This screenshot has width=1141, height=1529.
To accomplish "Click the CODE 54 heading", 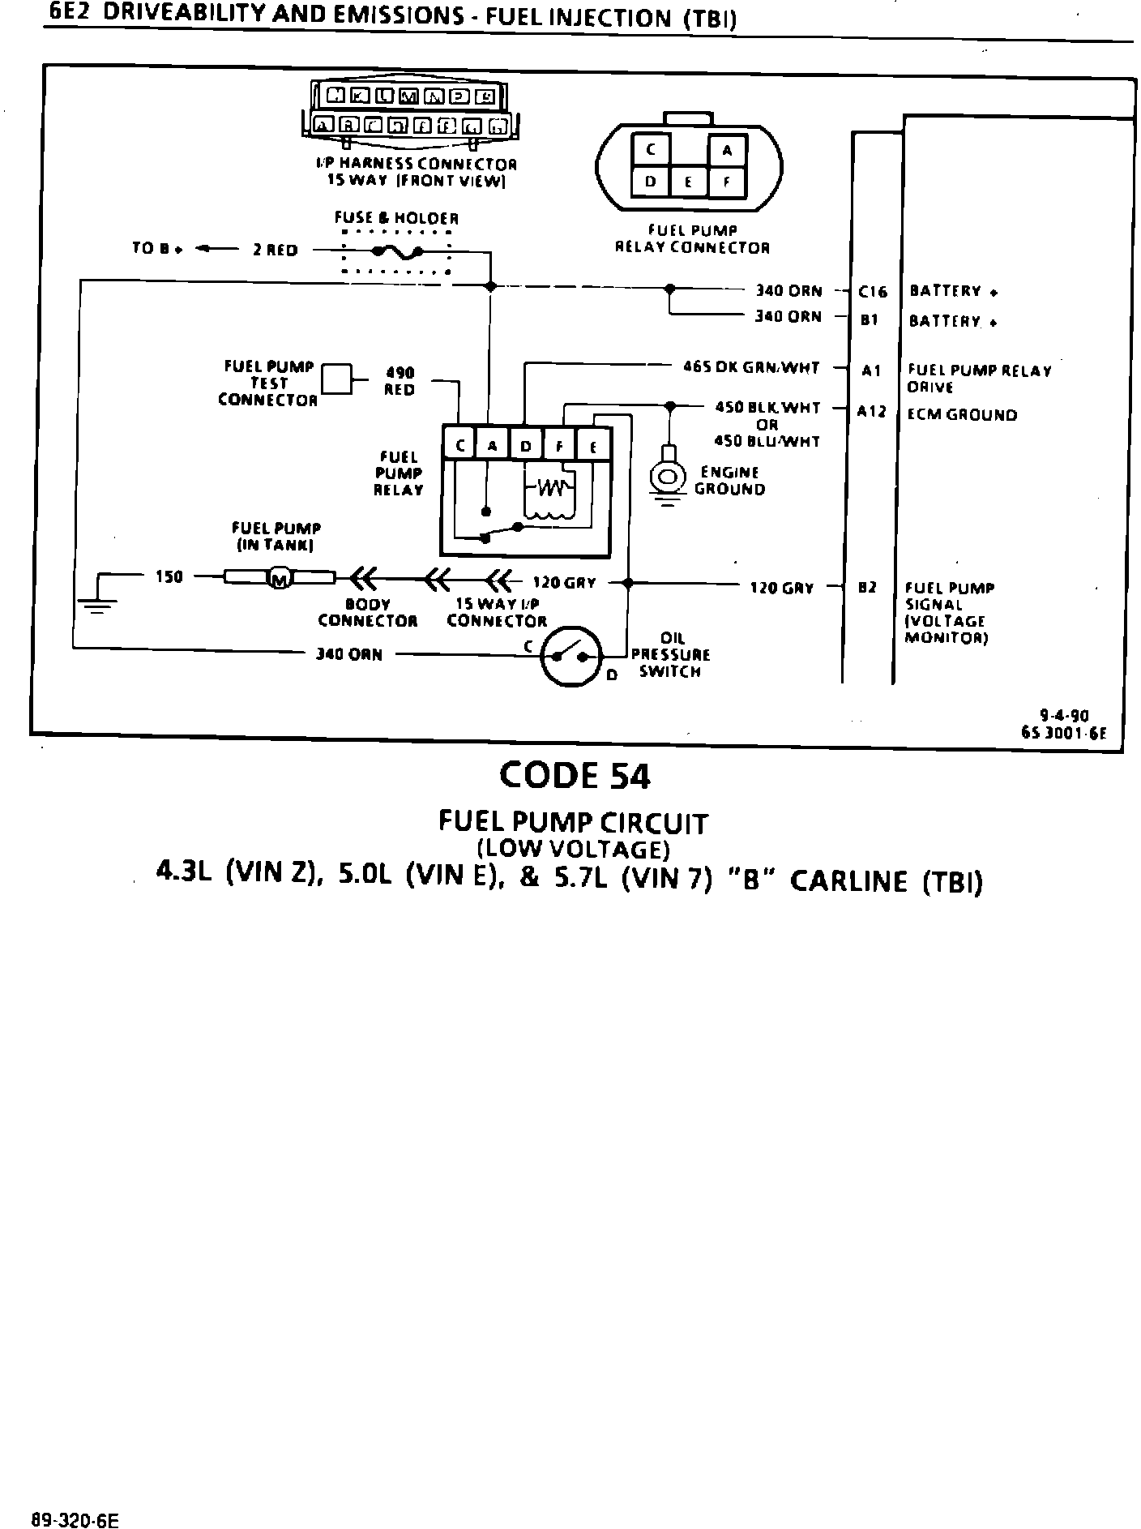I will [575, 776].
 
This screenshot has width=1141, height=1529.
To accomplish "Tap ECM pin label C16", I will [872, 292].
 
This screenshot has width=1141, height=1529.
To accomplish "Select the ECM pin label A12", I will [872, 411].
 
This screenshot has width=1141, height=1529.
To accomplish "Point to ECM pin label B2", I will [867, 588].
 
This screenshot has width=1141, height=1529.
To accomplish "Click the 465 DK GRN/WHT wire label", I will [751, 367].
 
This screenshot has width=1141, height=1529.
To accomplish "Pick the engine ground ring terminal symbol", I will [669, 477].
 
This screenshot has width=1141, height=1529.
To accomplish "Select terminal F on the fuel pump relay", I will [559, 446].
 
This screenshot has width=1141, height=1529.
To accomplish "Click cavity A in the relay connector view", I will [727, 151].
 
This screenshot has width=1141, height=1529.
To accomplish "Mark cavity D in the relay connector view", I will [651, 182].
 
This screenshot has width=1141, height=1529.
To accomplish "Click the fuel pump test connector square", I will [337, 379].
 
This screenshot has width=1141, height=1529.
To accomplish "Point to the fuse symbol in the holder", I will [397, 251].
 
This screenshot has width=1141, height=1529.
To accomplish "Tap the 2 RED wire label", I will [275, 251].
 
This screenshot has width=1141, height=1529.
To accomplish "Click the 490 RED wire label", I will [400, 381].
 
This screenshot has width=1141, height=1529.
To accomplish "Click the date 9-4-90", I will [1064, 715].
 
